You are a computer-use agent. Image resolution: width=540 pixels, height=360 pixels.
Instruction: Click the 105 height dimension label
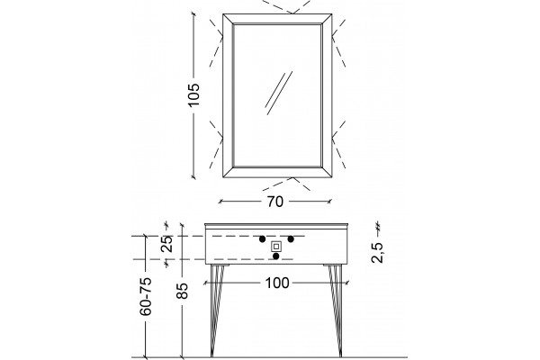tap(193, 94)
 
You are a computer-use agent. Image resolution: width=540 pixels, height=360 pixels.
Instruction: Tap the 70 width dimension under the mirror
tap(274, 202)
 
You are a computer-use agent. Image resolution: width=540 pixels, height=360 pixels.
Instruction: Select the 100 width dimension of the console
tap(277, 283)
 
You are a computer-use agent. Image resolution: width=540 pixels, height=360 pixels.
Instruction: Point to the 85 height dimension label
tap(183, 291)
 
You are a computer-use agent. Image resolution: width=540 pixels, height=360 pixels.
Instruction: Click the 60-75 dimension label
tap(146, 296)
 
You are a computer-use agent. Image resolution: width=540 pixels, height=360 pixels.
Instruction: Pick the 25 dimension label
tap(166, 244)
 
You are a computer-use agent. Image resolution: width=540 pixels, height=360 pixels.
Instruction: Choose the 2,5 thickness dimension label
tap(377, 253)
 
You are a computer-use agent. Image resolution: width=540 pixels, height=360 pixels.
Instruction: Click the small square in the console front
tap(276, 247)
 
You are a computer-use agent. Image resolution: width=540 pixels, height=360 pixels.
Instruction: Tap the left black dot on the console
tap(263, 239)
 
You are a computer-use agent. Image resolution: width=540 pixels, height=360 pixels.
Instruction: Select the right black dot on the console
tap(291, 239)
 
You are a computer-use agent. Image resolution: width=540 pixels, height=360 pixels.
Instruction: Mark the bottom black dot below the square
tap(276, 256)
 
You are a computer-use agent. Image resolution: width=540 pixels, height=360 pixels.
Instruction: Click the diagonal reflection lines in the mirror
tap(279, 93)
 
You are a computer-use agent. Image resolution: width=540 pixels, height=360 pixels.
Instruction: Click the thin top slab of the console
tap(277, 226)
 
